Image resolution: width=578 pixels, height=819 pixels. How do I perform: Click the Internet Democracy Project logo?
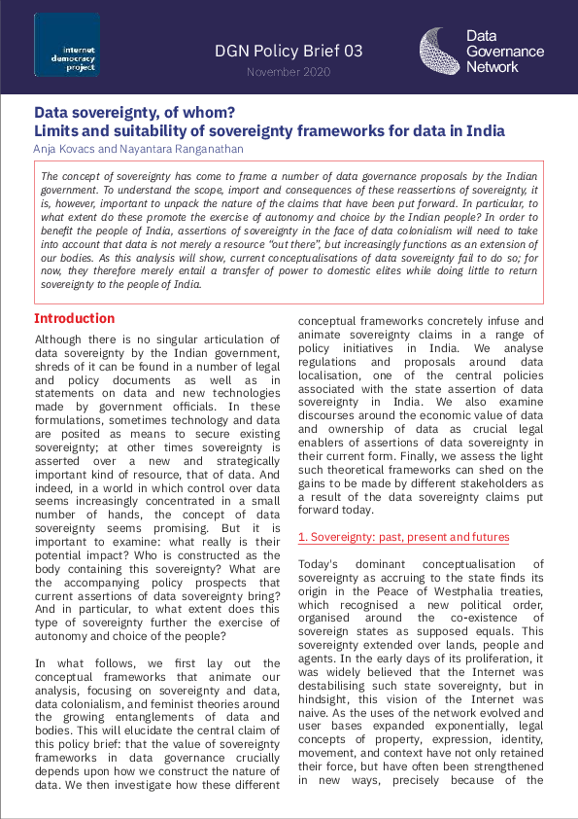(x=66, y=45)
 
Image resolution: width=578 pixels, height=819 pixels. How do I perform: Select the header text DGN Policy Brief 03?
(x=289, y=51)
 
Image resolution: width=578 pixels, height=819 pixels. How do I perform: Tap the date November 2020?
(x=289, y=72)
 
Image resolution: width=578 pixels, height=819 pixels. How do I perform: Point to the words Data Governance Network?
(x=504, y=51)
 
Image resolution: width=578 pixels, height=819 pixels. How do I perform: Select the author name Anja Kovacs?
(x=67, y=148)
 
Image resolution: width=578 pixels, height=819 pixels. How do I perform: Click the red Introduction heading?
(x=74, y=319)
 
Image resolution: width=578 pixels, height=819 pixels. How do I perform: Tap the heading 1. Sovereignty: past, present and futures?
(x=403, y=537)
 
